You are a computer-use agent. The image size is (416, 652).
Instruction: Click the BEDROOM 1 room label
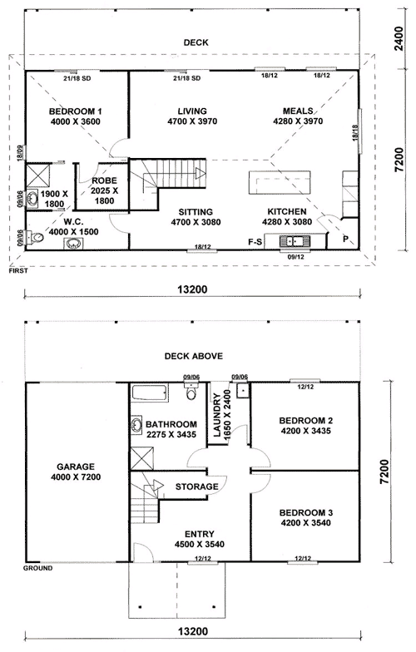click(x=75, y=111)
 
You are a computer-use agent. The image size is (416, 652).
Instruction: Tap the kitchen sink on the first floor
click(x=295, y=241)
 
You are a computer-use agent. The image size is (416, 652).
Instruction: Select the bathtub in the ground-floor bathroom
click(x=150, y=393)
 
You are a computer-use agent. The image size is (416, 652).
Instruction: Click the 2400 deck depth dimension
click(x=399, y=38)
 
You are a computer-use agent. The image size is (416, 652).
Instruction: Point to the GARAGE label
click(x=76, y=467)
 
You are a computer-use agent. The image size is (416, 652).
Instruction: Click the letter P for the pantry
click(x=346, y=240)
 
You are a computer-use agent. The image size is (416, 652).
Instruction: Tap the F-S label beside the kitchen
click(x=255, y=241)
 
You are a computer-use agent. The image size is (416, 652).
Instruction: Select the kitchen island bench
click(x=280, y=182)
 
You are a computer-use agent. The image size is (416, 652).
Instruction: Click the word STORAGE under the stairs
click(x=196, y=487)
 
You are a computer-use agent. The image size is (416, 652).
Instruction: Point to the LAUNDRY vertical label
click(x=217, y=416)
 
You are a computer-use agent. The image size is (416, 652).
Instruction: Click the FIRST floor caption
click(x=18, y=271)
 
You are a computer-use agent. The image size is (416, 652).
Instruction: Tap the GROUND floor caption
click(x=38, y=568)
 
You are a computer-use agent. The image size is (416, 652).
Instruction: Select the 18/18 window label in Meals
click(x=355, y=133)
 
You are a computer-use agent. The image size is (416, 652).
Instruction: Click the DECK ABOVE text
click(x=193, y=356)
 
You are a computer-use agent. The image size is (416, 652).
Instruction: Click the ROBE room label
click(x=105, y=181)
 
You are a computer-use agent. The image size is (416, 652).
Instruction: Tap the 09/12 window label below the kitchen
click(x=296, y=257)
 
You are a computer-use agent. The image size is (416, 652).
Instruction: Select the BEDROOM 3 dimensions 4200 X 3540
click(x=306, y=522)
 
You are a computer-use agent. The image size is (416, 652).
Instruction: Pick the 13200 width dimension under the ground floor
click(x=193, y=631)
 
